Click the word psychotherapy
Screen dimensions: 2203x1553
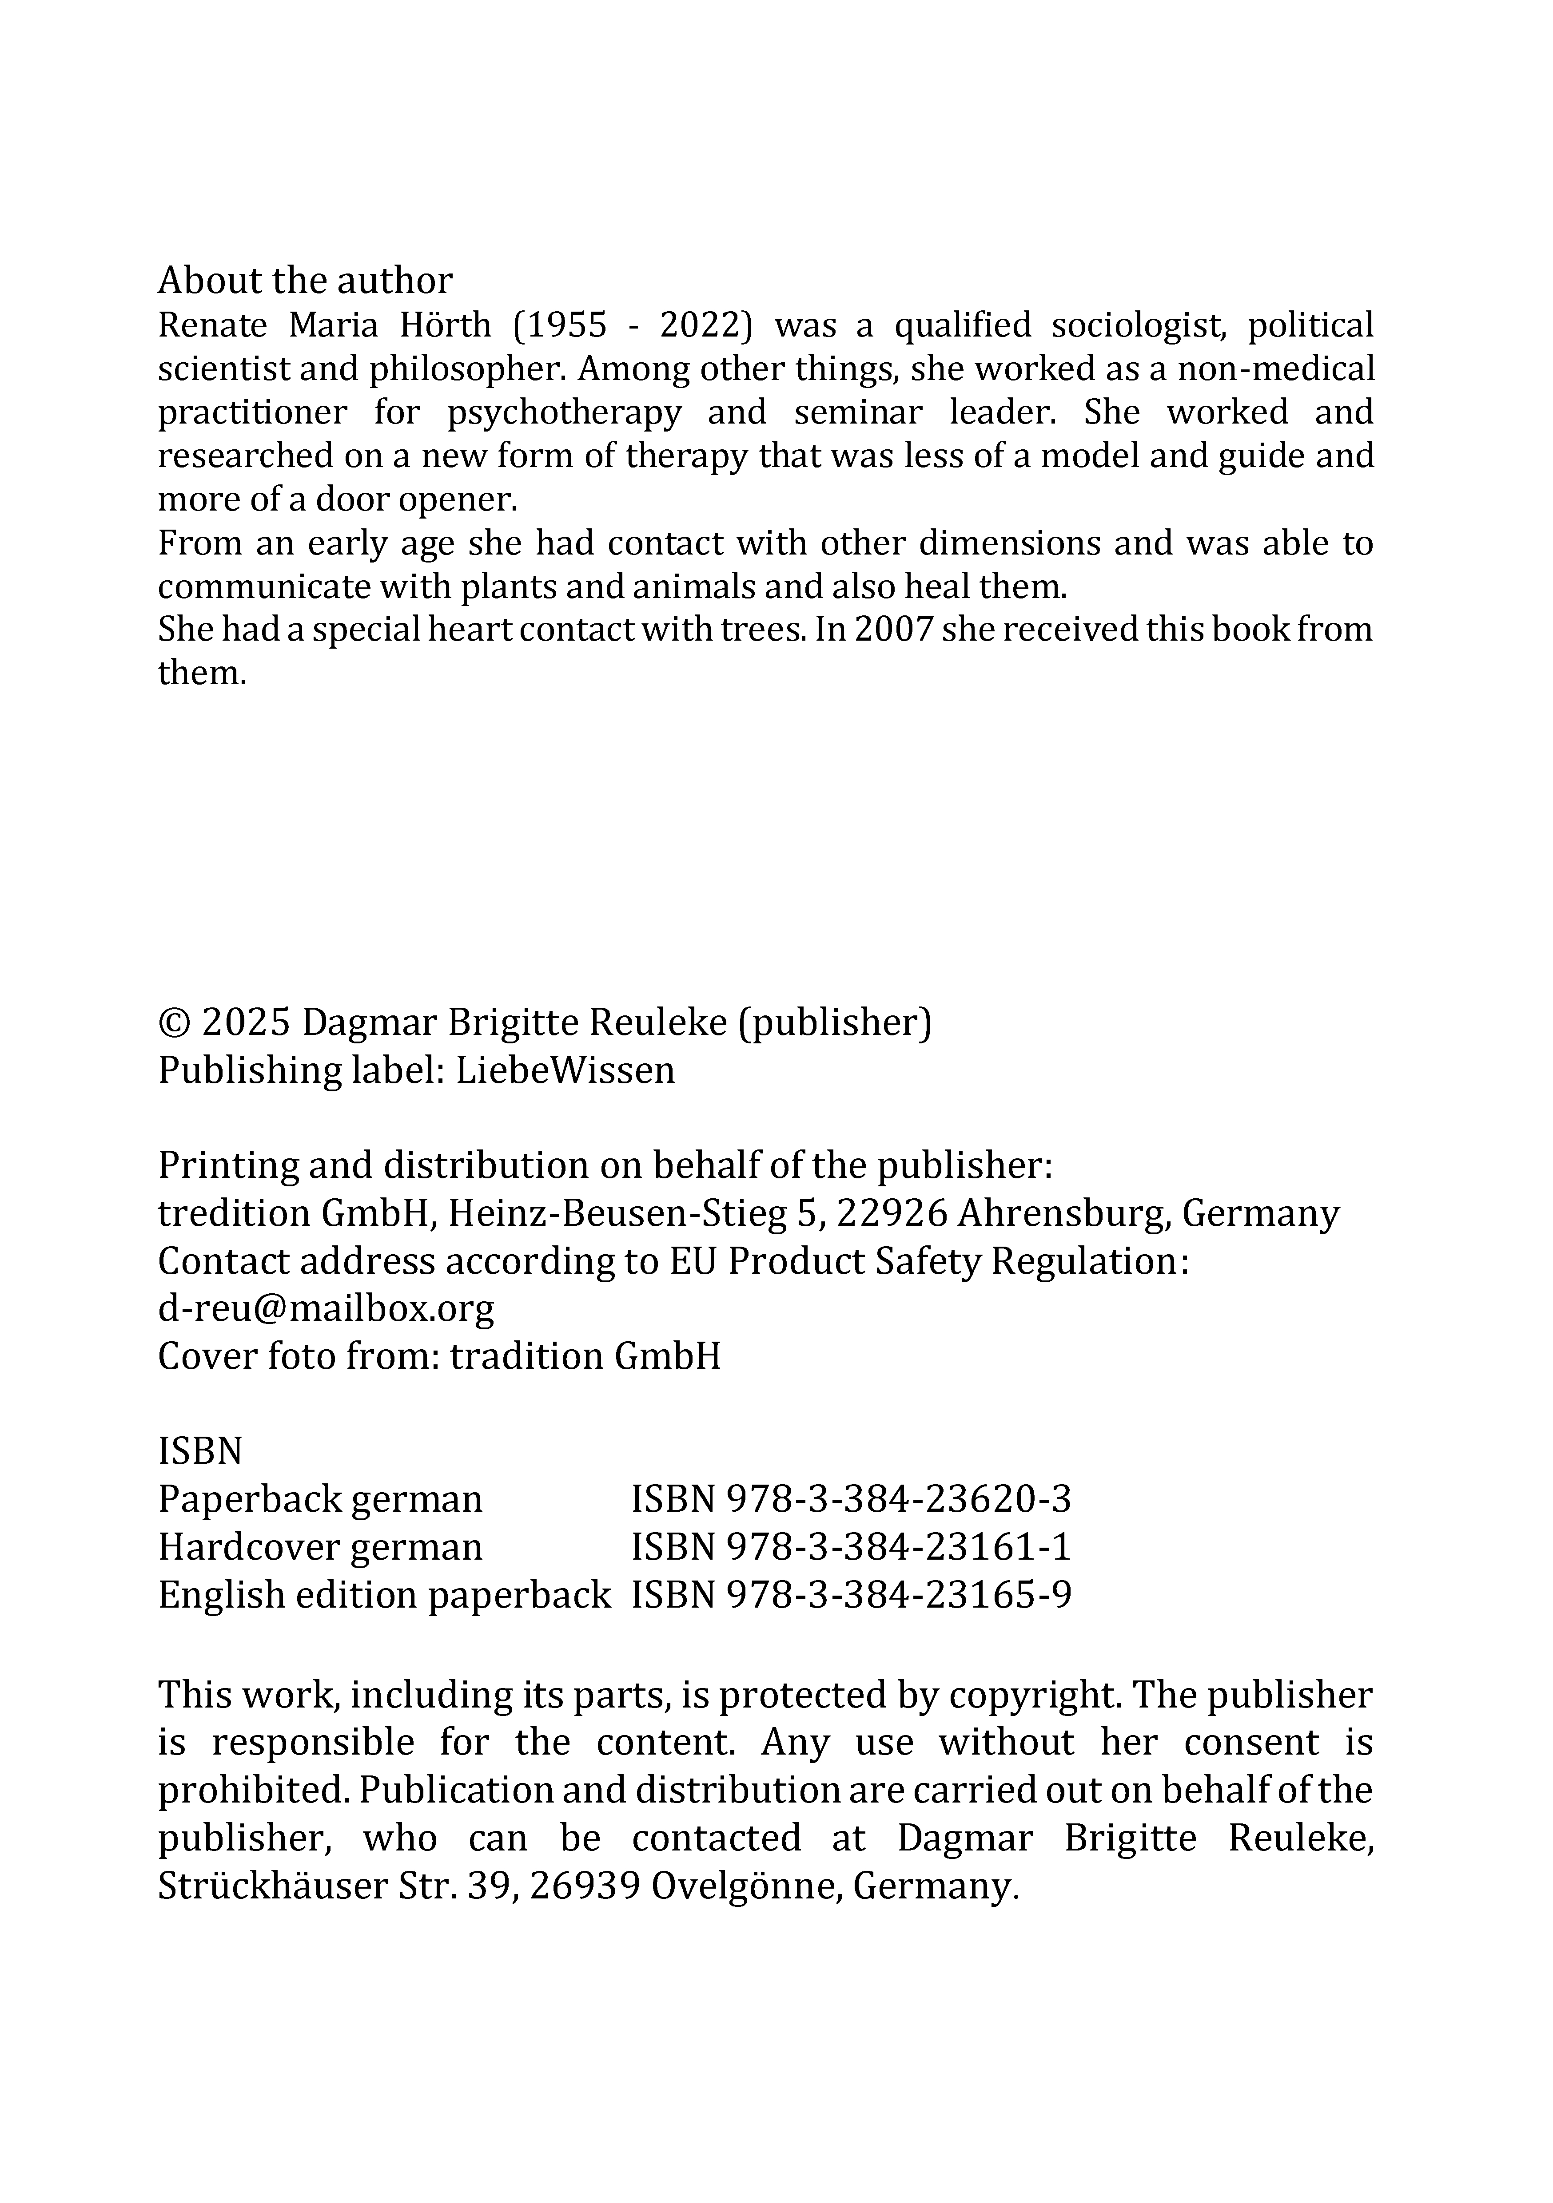564,412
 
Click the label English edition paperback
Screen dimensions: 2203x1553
384,1595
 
